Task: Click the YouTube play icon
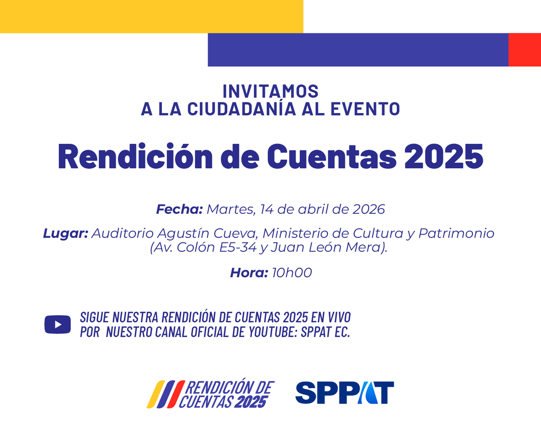57,325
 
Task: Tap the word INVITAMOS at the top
270,91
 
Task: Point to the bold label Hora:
249,273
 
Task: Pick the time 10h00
292,273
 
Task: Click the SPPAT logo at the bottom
344,393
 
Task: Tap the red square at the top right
524,50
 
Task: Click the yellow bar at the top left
151,16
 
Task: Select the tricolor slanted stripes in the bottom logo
165,394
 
